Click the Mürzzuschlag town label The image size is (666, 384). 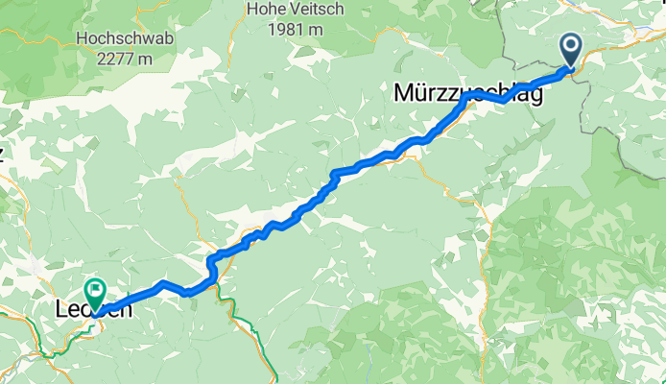click(x=467, y=93)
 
